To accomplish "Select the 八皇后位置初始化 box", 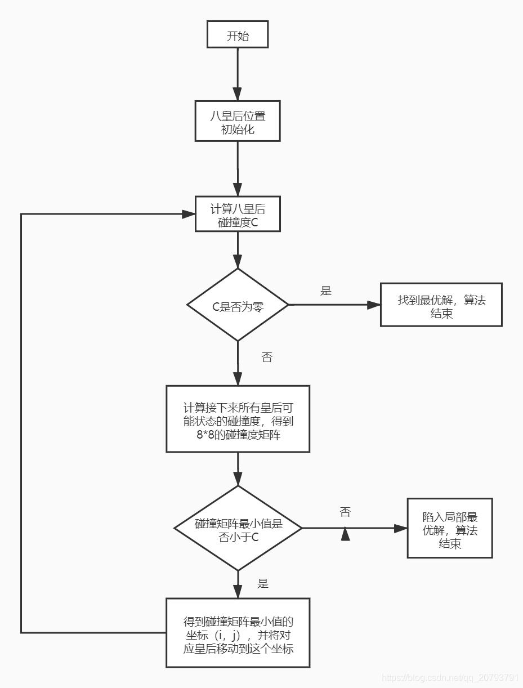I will point(238,121).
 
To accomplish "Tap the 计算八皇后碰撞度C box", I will point(238,215).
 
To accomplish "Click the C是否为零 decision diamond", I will point(238,305).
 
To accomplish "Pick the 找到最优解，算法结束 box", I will point(441,305).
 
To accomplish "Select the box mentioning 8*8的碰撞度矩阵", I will point(238,419).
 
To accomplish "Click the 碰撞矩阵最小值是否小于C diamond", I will point(238,529).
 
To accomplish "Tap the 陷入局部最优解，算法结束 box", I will point(449,528).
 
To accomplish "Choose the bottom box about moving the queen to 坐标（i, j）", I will point(238,633).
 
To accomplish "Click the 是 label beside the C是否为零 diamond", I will point(326,291).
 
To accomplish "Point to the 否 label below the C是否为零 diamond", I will point(267,358).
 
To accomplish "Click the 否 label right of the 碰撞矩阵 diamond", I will point(345,512).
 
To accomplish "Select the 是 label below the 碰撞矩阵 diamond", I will point(263,584).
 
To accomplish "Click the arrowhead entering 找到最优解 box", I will point(374,305).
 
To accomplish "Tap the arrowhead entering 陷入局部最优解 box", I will point(400,528).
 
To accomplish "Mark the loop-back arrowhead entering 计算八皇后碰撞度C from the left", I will point(188,214).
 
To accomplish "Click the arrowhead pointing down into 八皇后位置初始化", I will point(238,94).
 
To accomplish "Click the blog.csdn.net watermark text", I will point(450,677).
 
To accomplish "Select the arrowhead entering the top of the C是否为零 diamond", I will point(238,262).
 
